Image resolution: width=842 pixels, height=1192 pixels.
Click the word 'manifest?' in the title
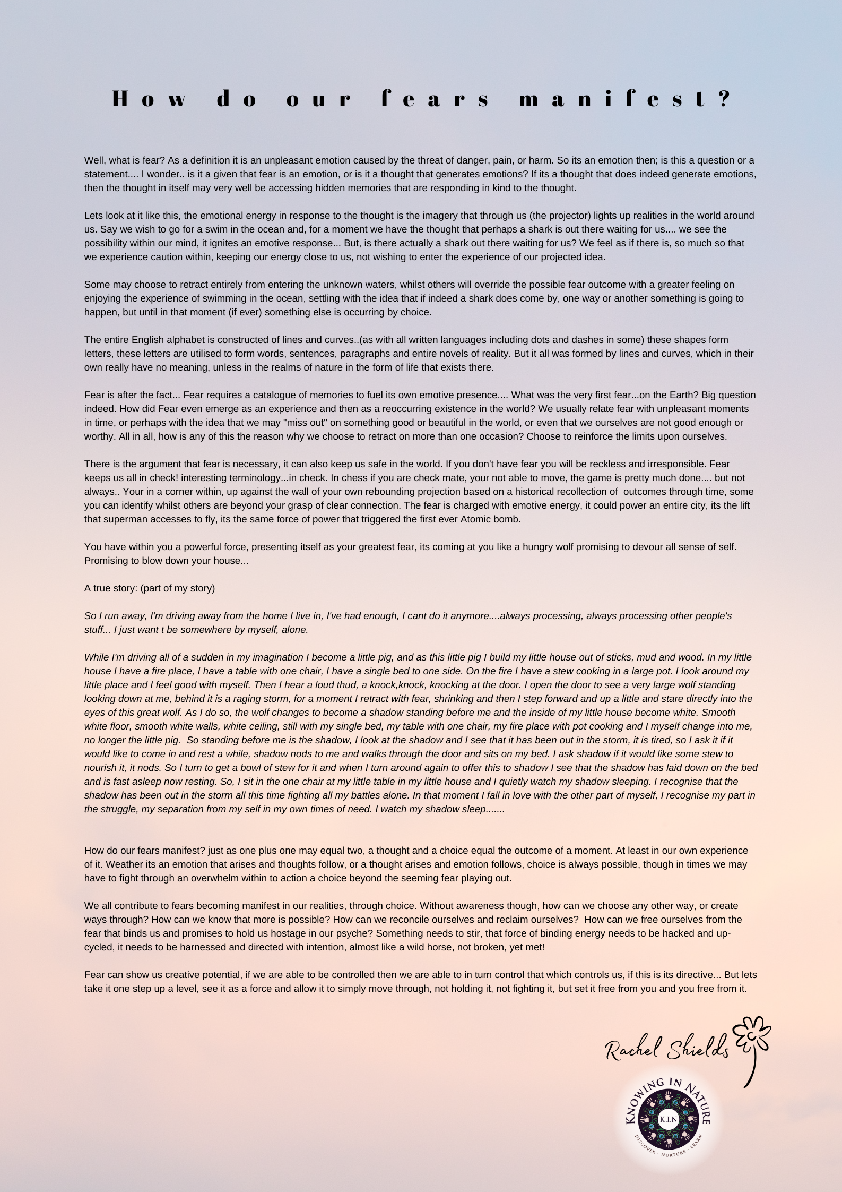(x=626, y=99)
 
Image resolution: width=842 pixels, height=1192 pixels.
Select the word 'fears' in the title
(x=436, y=99)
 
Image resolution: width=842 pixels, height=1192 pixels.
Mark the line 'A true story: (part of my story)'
(x=150, y=588)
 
